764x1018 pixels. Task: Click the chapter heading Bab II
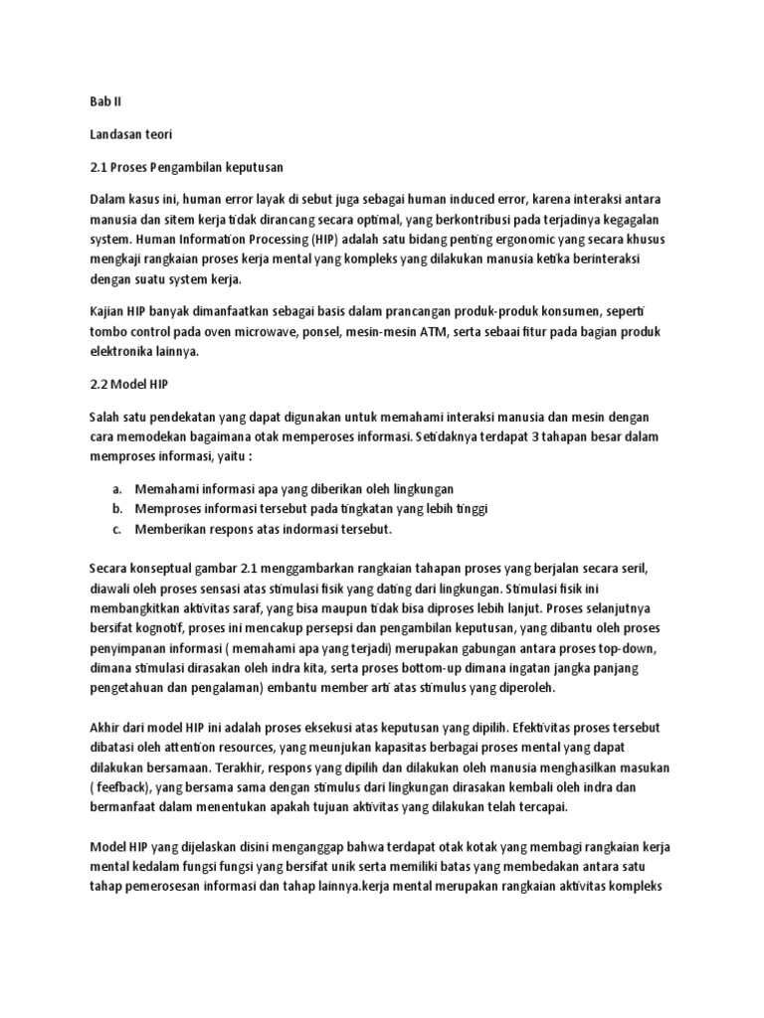click(103, 101)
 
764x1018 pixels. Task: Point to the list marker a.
click(116, 489)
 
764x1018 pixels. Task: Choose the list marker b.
click(116, 509)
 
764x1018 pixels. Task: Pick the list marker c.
click(116, 529)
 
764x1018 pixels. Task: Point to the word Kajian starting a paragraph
click(108, 311)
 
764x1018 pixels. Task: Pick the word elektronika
click(124, 350)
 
